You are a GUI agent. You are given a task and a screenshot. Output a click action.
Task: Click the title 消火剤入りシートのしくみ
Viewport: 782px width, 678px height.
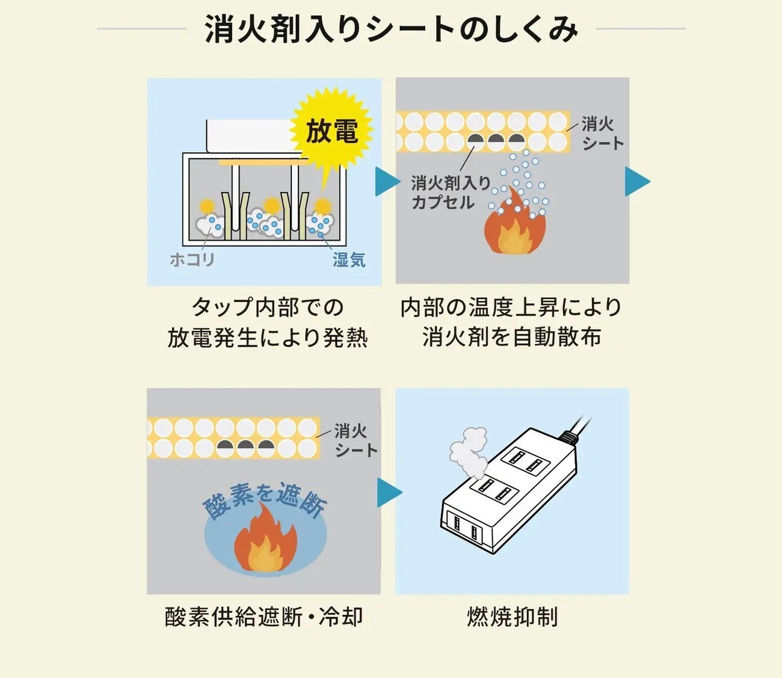click(391, 29)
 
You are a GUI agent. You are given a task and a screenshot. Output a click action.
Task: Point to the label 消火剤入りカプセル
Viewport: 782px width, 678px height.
click(450, 193)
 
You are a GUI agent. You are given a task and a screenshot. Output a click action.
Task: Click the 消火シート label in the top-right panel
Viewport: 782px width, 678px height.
click(602, 134)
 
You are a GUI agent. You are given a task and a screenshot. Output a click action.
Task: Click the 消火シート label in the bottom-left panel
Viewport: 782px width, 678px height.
click(356, 441)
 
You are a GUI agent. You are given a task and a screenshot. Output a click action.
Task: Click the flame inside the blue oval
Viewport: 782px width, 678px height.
click(265, 538)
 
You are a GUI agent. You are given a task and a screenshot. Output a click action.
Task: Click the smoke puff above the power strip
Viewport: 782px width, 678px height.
click(469, 452)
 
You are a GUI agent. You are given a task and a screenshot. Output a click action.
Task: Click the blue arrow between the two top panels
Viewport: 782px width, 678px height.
click(388, 182)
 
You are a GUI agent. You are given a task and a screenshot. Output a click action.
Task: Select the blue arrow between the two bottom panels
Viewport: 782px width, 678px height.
click(390, 492)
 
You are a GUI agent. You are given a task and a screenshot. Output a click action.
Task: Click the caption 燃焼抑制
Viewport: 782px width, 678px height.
click(513, 617)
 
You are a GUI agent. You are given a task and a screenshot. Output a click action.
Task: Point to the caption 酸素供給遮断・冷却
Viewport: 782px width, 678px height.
click(263, 617)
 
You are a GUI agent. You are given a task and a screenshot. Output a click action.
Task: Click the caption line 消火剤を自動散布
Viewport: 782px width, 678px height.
click(511, 337)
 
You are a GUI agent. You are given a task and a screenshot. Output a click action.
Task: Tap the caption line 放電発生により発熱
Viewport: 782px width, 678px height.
click(268, 337)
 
